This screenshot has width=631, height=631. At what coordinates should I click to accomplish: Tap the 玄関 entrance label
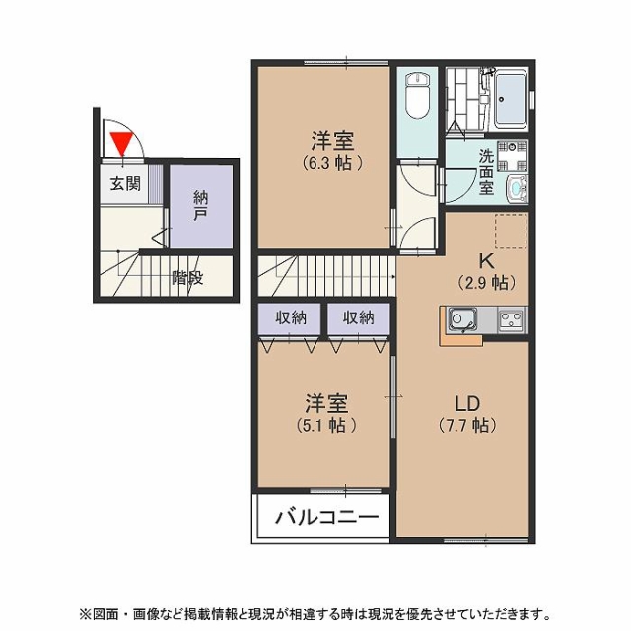tap(125, 184)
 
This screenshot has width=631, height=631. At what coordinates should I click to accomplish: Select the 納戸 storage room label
tap(200, 206)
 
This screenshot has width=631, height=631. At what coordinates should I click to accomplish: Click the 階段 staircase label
tap(187, 278)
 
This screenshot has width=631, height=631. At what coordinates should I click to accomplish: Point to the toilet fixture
tap(417, 95)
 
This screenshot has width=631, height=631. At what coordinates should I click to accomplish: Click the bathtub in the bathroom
tap(511, 99)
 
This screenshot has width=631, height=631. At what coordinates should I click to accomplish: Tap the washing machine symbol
tap(512, 156)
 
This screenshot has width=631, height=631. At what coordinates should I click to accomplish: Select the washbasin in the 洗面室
tap(517, 187)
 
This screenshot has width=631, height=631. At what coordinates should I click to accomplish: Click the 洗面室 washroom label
tap(486, 172)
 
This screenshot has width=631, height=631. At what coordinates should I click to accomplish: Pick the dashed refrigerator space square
tap(511, 231)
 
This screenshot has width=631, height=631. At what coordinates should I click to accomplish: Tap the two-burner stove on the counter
tap(512, 319)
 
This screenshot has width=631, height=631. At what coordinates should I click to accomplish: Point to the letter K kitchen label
tap(486, 262)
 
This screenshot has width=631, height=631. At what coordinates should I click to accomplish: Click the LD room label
tap(467, 403)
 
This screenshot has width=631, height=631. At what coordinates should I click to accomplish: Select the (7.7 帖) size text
tap(467, 425)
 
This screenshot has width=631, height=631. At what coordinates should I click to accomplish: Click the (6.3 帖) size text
tap(333, 162)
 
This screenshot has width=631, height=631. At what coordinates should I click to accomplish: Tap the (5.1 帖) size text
tap(326, 425)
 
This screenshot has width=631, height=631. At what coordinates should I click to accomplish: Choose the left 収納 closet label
tap(291, 317)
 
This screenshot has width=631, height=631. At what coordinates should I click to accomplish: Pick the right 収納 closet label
tap(359, 317)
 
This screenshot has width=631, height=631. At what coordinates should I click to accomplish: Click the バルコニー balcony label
tap(327, 517)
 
